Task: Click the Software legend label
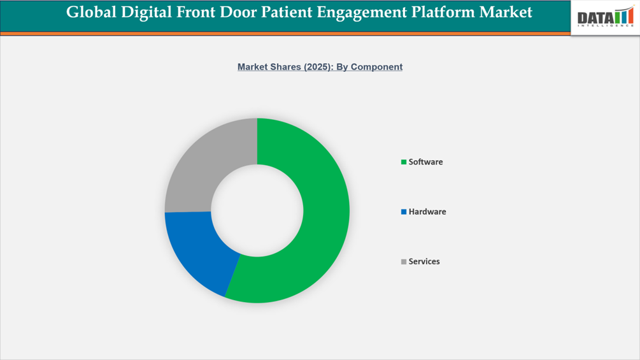click(x=425, y=162)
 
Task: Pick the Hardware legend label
click(x=427, y=212)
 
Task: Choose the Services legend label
click(x=424, y=261)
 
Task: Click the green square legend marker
click(x=404, y=162)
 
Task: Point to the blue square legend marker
click(x=404, y=212)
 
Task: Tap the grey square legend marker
click(x=404, y=262)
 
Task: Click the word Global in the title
click(x=92, y=12)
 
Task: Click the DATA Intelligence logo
click(x=604, y=17)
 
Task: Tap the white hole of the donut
click(x=257, y=210)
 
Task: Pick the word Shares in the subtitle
click(x=271, y=67)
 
